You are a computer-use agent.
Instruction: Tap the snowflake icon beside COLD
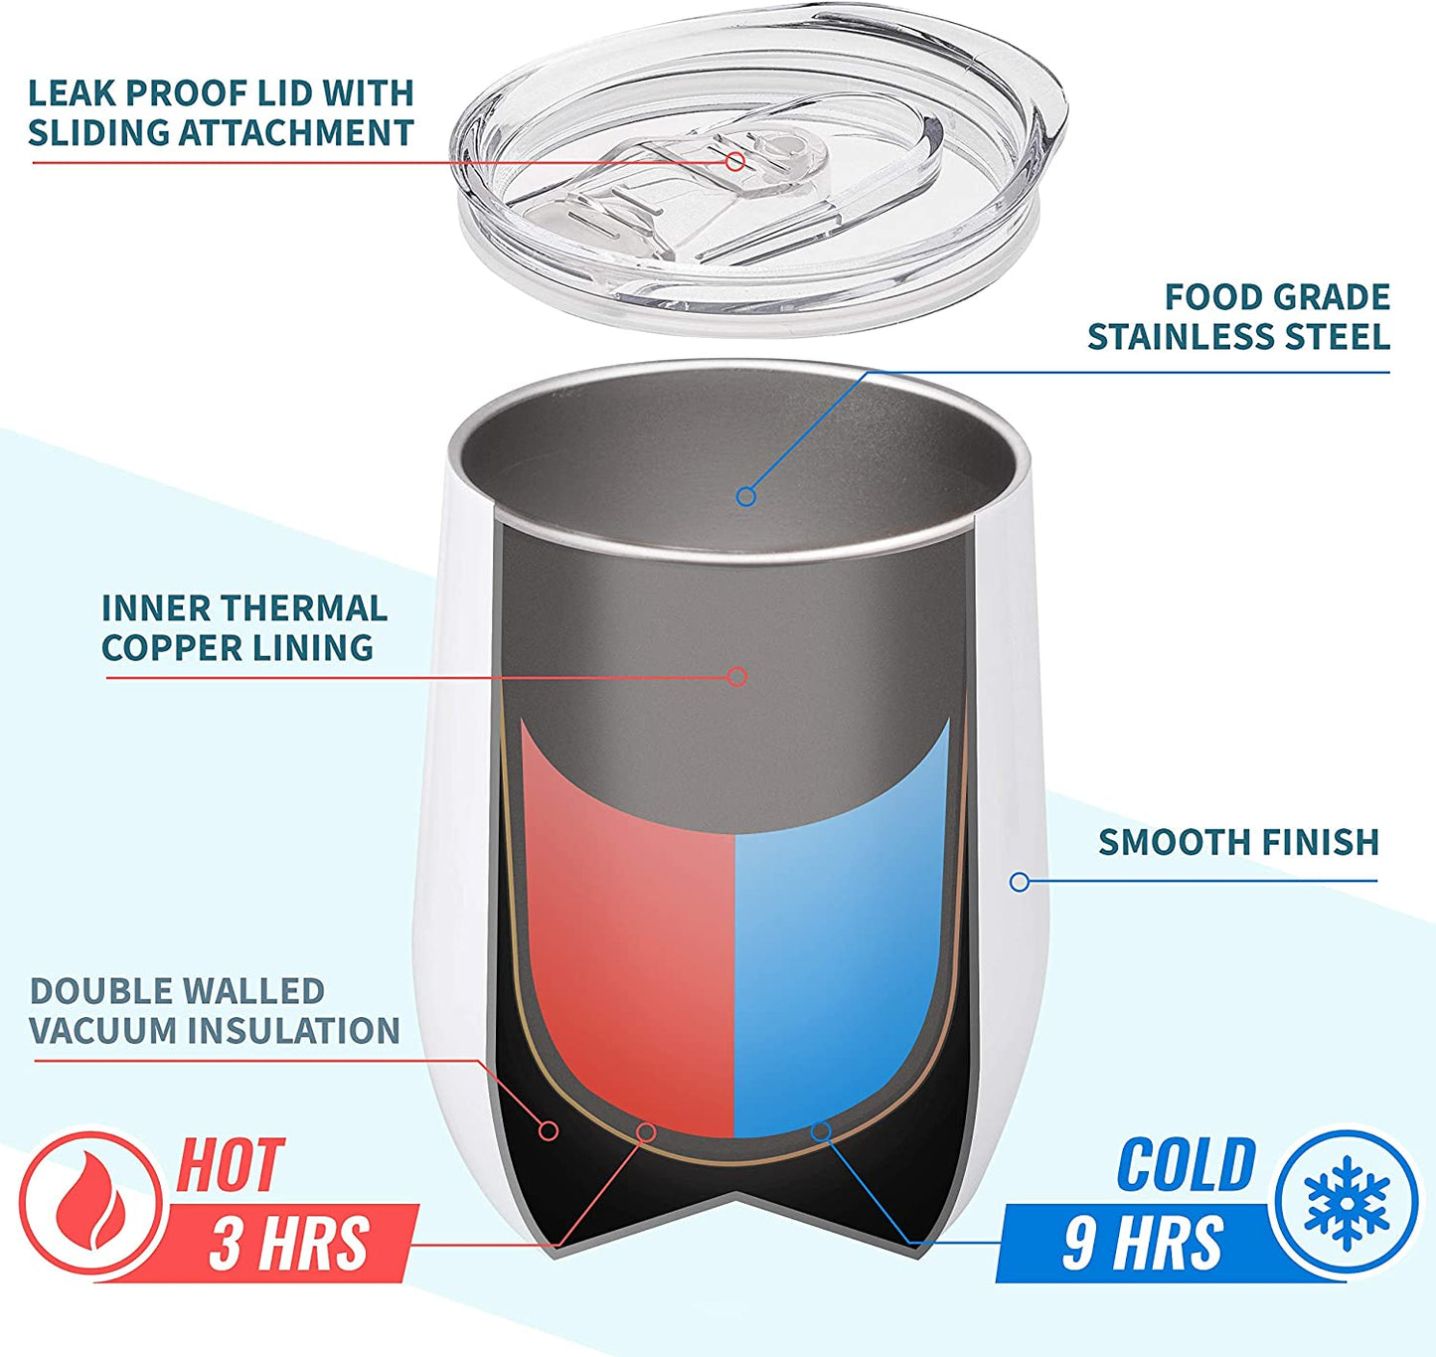coord(1347,1203)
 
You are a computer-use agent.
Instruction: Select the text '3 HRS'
coord(289,1243)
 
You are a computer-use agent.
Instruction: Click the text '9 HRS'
coord(1143,1243)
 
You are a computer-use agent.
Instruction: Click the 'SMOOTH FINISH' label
coord(1238,842)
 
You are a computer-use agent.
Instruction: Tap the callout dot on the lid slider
coord(735,161)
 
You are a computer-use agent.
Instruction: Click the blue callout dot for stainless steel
coord(745,496)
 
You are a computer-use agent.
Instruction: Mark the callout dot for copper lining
coord(736,677)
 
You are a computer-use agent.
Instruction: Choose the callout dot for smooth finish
coord(1019,882)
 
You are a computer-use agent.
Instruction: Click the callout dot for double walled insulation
coord(549,1130)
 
